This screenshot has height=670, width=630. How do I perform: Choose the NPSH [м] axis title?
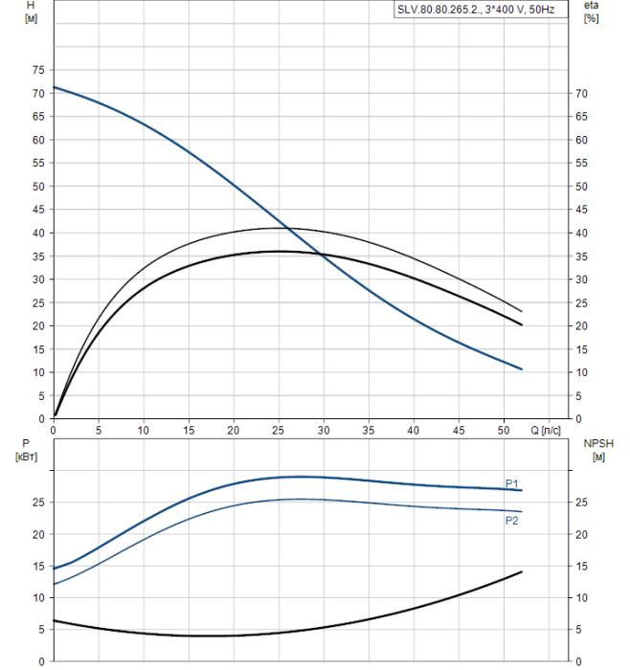(x=594, y=450)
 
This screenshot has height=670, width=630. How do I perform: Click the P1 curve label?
(x=512, y=483)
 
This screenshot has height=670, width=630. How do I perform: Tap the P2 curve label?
(x=512, y=520)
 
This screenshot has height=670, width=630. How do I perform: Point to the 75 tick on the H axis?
(x=38, y=70)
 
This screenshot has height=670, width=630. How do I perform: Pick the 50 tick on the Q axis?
(x=504, y=431)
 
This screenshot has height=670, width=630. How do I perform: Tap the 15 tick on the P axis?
(x=38, y=566)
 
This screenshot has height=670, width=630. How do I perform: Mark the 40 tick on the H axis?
(x=38, y=234)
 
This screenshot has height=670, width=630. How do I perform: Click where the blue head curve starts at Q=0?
(x=55, y=88)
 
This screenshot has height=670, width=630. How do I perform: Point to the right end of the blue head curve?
(x=522, y=369)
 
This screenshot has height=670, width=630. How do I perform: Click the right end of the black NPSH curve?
(x=522, y=571)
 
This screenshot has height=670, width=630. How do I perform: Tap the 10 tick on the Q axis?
(x=144, y=431)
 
